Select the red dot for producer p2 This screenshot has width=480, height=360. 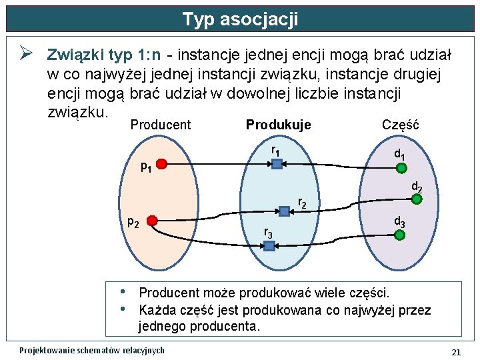(x=152, y=221)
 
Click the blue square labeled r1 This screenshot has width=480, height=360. (x=277, y=163)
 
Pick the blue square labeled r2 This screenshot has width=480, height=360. (x=284, y=211)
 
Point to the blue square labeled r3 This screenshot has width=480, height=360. (x=269, y=245)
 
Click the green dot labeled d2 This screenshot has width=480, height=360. (x=417, y=199)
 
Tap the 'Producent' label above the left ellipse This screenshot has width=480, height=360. (x=161, y=125)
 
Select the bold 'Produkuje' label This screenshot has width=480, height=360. (x=279, y=125)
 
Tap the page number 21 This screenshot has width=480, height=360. (x=456, y=351)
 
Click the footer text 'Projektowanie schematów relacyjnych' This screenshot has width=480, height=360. (x=92, y=351)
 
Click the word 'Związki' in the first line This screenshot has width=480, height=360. (x=74, y=54)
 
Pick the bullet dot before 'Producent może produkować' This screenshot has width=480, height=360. (x=123, y=292)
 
